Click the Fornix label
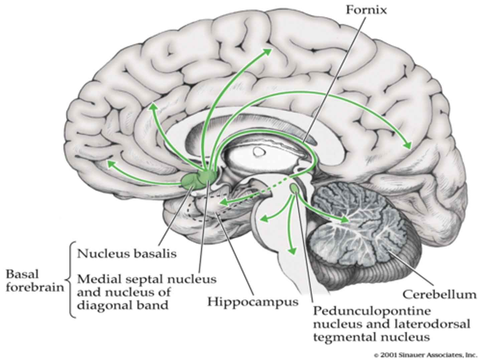coord(366,10)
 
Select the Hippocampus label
coord(253,302)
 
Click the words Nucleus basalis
coord(127,254)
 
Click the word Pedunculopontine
coord(371,311)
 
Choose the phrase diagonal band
coord(123,305)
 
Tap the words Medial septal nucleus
coord(147,279)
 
